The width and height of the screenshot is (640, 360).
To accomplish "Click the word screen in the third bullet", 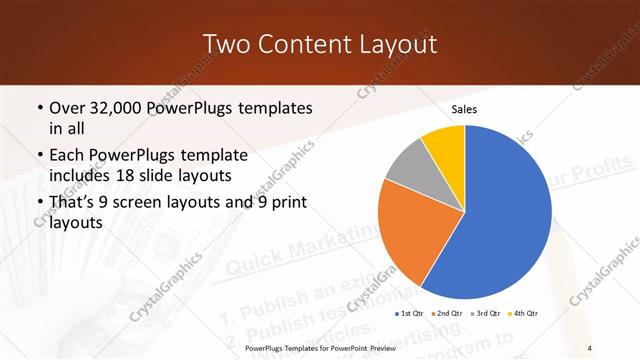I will (150, 203).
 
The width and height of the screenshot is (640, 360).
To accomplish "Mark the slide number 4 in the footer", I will (590, 347).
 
